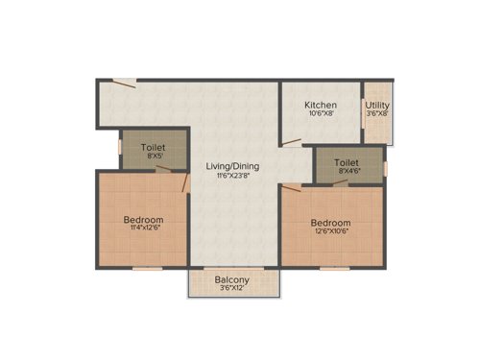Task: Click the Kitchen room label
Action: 320,104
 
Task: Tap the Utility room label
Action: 377,104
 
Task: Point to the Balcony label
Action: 233,281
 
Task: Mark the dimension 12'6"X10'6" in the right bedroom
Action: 328,231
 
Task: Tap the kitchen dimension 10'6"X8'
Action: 320,114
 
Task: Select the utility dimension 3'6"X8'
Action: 377,114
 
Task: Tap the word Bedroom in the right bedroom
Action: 328,221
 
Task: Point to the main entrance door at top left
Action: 122,84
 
